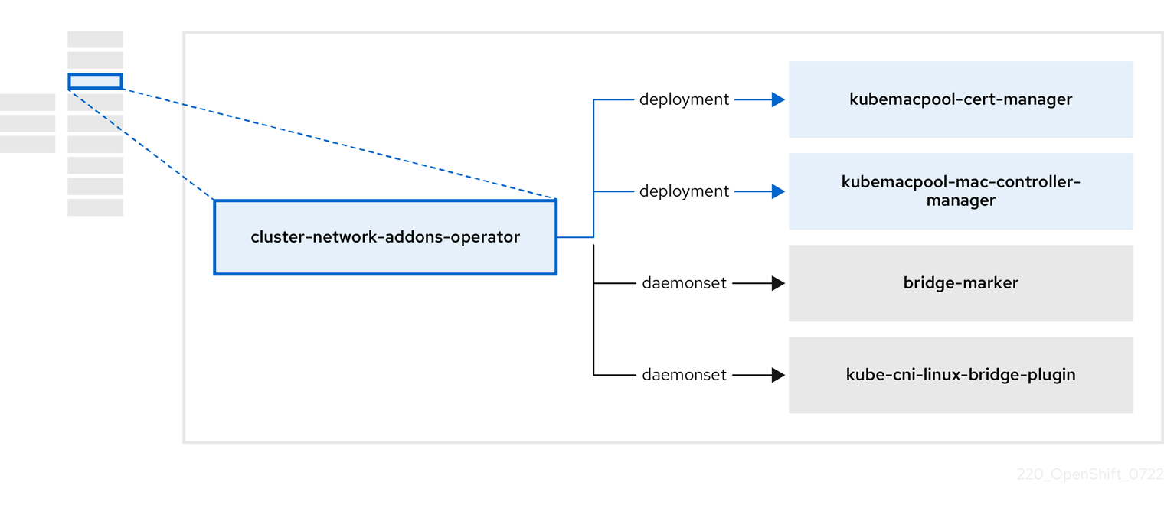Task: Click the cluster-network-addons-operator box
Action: (385, 237)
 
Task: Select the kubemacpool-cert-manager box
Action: (960, 99)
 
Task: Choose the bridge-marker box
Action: (960, 283)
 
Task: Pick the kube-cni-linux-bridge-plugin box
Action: (960, 375)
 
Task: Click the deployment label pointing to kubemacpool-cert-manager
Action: (684, 99)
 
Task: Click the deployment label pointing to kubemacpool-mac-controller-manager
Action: (684, 191)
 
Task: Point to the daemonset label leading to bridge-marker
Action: (684, 283)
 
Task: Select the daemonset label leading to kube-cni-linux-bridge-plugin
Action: (684, 375)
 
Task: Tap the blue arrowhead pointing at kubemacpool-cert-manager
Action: (778, 99)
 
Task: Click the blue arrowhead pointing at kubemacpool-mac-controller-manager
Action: (778, 191)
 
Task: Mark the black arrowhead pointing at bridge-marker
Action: (778, 283)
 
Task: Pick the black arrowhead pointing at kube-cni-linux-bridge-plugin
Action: (778, 375)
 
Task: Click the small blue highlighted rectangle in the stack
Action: (95, 81)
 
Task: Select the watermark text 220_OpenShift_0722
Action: (1090, 474)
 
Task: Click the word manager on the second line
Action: (960, 200)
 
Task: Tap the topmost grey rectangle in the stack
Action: (95, 39)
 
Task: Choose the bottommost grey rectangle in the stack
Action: (95, 207)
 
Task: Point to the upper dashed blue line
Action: (337, 143)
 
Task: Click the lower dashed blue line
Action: (142, 145)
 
